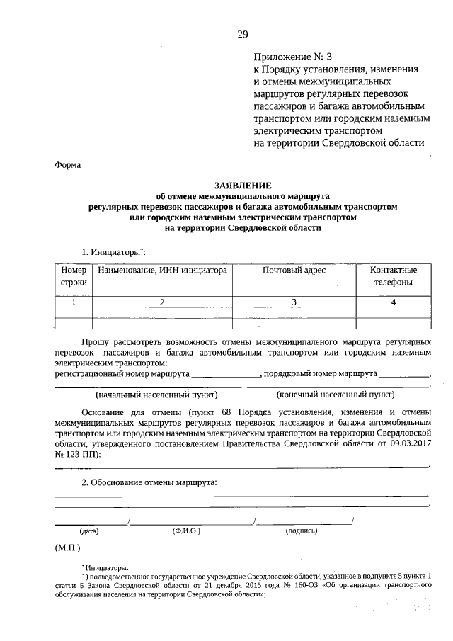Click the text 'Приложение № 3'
click(x=292, y=57)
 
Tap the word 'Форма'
click(x=68, y=165)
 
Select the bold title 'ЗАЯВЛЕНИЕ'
click(x=243, y=185)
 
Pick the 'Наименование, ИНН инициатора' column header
click(x=162, y=271)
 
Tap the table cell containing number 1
click(x=74, y=302)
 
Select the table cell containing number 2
click(x=162, y=302)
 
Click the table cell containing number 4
click(x=394, y=302)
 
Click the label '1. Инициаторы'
click(x=113, y=251)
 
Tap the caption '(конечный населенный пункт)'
click(x=336, y=395)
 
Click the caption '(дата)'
click(x=89, y=530)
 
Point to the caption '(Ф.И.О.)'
click(x=186, y=530)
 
